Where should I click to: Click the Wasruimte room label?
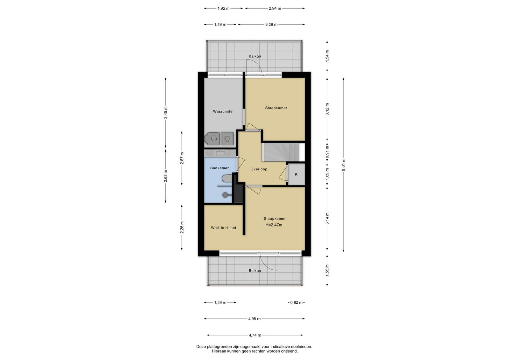click(222, 111)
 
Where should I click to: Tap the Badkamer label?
click(219, 168)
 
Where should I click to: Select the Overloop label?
click(259, 169)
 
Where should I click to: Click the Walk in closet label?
click(223, 228)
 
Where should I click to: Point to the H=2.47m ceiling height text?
click(274, 225)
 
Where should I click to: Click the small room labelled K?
click(296, 174)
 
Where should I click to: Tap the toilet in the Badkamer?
click(227, 178)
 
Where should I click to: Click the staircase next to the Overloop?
click(281, 152)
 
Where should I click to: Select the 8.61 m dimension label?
click(343, 165)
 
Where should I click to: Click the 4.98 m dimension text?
click(254, 319)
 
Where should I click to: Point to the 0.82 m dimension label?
click(296, 302)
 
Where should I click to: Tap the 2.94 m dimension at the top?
click(275, 8)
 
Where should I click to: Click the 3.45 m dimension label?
click(166, 113)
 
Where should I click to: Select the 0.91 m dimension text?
click(327, 152)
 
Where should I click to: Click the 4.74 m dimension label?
click(255, 335)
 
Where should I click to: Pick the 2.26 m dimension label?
click(182, 227)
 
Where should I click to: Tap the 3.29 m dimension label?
click(271, 24)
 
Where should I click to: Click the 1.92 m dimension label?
click(223, 8)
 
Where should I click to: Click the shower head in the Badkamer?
click(225, 195)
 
